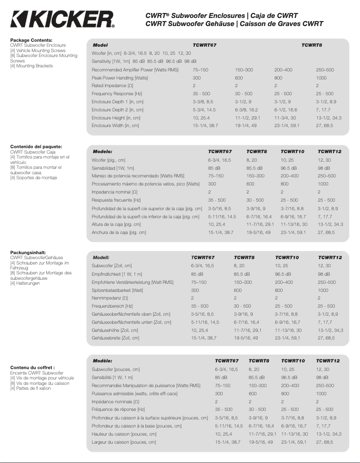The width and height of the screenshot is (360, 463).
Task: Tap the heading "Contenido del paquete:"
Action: (36, 146)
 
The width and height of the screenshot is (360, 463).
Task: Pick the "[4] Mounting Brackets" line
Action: (31, 66)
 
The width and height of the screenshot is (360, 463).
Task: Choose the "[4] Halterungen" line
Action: (25, 283)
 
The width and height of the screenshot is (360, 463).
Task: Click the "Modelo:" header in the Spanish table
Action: (102, 151)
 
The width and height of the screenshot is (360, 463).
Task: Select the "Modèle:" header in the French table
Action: (102, 361)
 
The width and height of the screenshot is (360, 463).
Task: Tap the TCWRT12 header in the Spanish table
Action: (329, 151)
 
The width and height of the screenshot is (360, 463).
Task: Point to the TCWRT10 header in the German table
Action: (287, 258)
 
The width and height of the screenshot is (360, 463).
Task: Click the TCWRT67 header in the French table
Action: (227, 361)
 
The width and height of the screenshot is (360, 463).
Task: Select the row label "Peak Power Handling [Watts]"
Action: (120, 78)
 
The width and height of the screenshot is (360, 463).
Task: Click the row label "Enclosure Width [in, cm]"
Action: (115, 126)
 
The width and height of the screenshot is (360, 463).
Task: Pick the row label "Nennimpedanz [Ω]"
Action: (110, 298)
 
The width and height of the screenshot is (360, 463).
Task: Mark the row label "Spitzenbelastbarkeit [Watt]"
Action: (117, 290)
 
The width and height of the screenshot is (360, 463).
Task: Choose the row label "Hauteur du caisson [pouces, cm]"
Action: (124, 434)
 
